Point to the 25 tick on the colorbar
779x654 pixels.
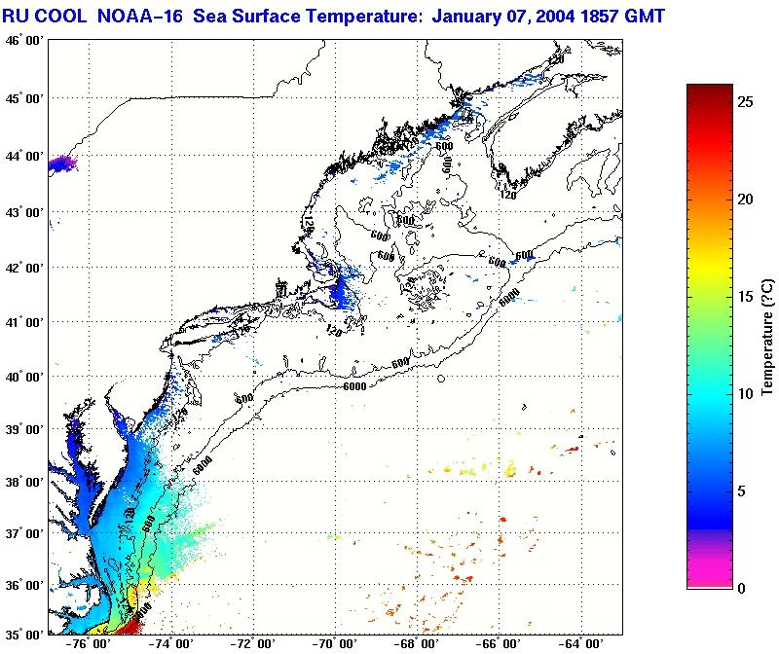point(744,101)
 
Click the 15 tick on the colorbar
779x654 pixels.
point(744,297)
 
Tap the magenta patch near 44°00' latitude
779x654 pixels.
point(60,163)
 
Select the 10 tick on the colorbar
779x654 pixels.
point(744,394)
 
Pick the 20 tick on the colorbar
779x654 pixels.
point(744,200)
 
